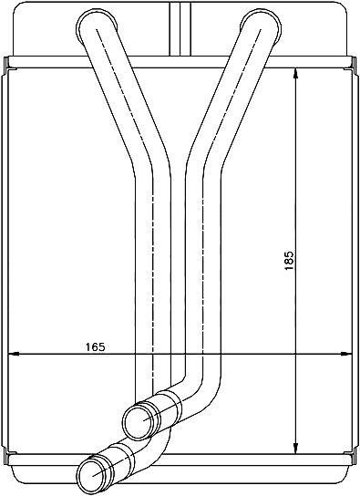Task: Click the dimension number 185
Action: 289,261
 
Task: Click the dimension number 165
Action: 95,347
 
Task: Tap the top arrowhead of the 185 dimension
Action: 295,74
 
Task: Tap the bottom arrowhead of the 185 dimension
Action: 295,449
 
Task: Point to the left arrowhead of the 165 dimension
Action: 13,354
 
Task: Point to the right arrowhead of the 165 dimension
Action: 346,354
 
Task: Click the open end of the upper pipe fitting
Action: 139,420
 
